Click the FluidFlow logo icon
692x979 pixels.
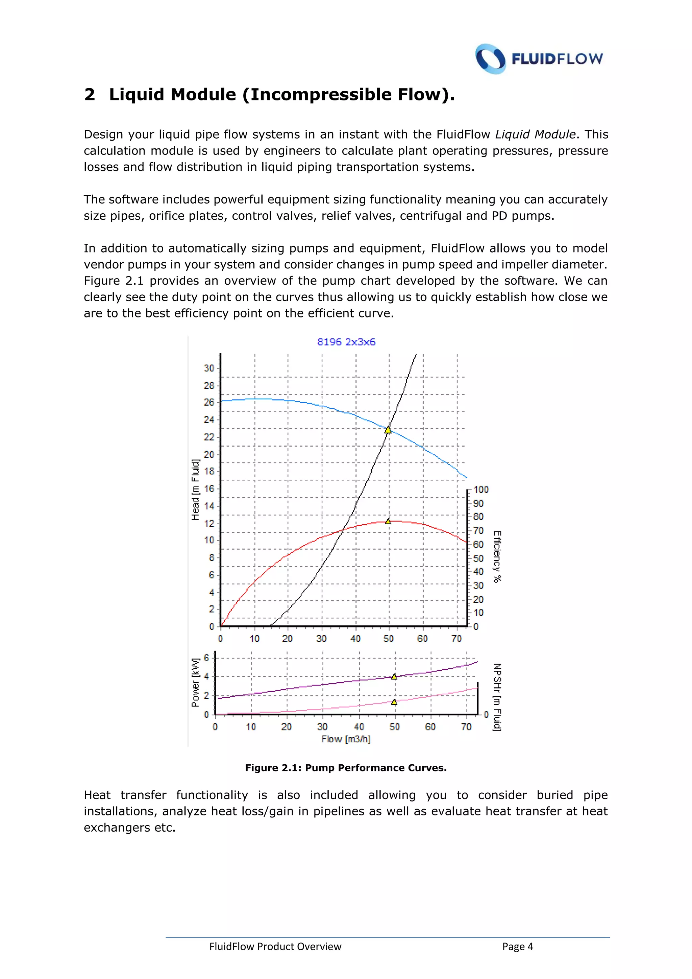[x=491, y=59]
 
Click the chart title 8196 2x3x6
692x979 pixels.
[x=346, y=342]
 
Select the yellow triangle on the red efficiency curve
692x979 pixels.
[x=388, y=521]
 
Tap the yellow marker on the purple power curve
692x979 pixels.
[x=394, y=677]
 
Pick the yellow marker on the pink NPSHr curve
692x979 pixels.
[x=394, y=702]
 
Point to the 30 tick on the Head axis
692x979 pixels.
[x=209, y=368]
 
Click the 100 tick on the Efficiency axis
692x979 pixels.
[x=481, y=489]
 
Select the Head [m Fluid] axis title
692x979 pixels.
[x=196, y=489]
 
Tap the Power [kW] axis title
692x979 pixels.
[x=195, y=683]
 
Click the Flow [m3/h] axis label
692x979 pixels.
[x=346, y=739]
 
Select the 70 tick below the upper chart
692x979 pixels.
[x=456, y=639]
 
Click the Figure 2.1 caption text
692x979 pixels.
[x=346, y=768]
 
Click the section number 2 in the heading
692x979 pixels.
[x=90, y=95]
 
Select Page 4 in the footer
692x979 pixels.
[x=517, y=947]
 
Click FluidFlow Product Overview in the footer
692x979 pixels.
[x=275, y=947]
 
